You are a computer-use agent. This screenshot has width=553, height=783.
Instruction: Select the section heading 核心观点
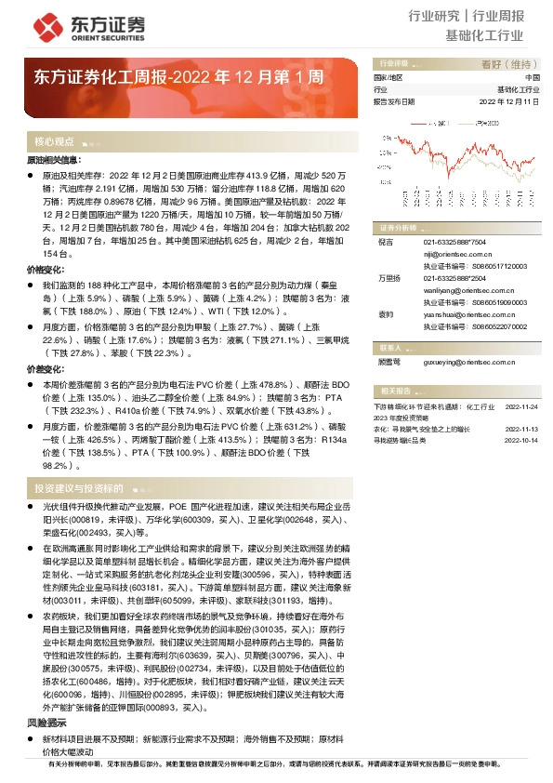coord(54,142)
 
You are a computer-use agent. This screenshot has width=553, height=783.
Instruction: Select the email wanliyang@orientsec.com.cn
coord(464,289)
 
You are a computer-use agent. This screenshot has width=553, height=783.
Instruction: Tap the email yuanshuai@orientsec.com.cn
coord(464,314)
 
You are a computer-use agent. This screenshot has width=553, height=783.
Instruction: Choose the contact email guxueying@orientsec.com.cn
coord(464,362)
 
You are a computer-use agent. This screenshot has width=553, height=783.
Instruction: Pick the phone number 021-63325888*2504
coord(454,277)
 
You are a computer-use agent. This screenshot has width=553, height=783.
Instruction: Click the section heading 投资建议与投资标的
coord(78,487)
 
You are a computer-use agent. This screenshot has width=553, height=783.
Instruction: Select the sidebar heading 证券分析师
coord(395,226)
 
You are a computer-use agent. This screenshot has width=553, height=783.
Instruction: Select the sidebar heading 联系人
coord(390,345)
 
